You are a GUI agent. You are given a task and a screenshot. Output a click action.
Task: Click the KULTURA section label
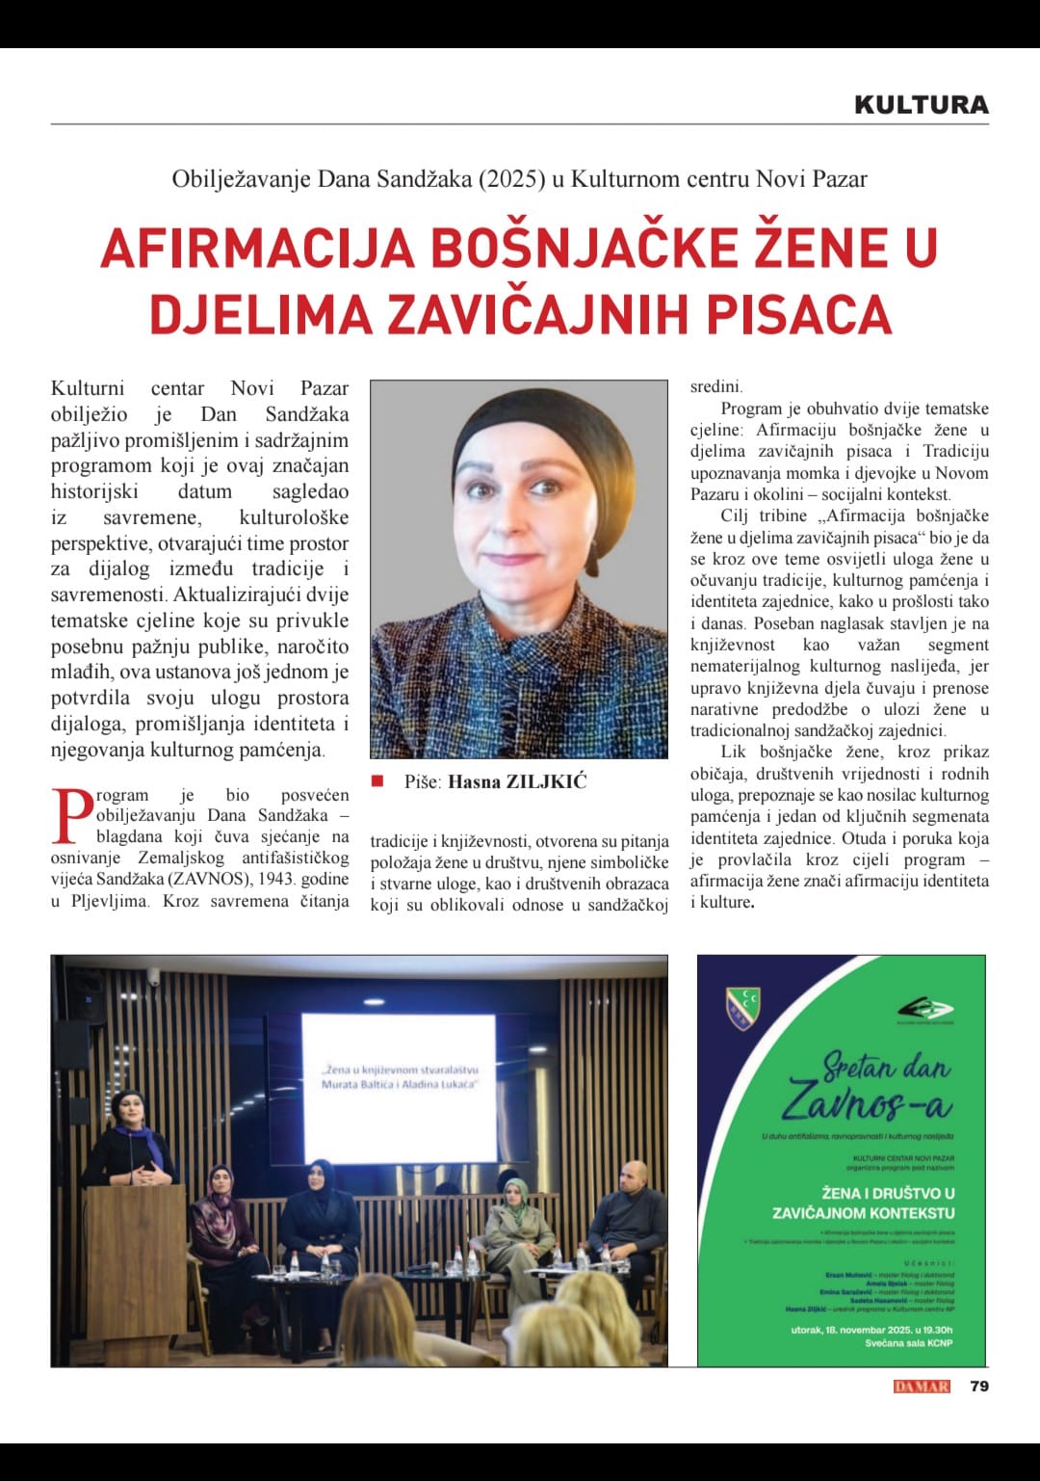921,105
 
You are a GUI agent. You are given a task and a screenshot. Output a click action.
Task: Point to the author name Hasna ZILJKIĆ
517,781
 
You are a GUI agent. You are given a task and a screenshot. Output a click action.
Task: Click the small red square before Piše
377,780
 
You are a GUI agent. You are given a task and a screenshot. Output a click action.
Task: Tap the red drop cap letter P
71,816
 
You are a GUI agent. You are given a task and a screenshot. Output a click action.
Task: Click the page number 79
979,1386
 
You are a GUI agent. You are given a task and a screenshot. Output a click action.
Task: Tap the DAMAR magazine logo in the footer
922,1387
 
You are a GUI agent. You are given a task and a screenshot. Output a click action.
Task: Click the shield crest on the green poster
744,1009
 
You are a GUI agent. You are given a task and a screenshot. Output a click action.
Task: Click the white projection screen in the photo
399,1086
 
